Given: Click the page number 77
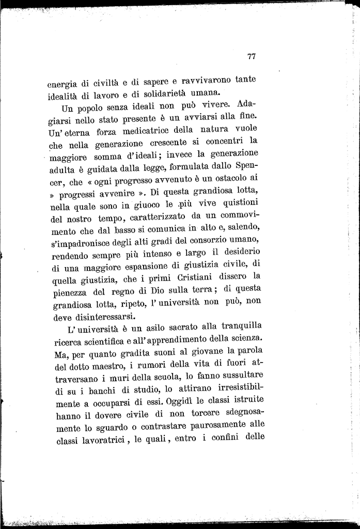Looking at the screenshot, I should coord(252,57).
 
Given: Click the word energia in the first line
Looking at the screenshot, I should coord(62,84).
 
